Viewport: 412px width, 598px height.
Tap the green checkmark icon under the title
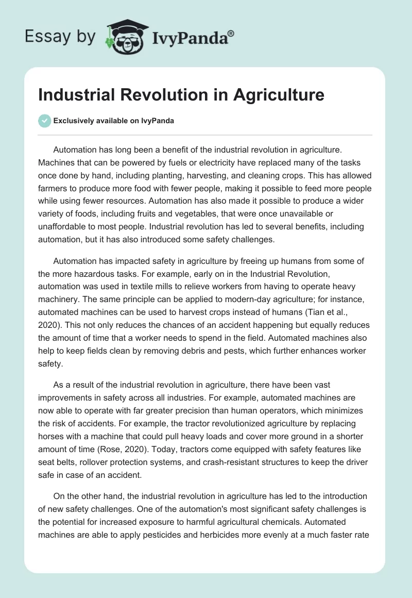pos(44,121)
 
